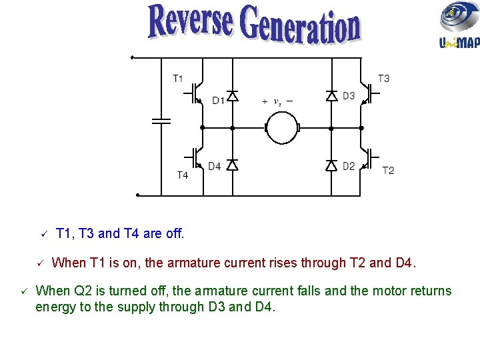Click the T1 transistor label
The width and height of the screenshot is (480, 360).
coord(178,79)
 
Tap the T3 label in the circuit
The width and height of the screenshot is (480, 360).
coord(384,79)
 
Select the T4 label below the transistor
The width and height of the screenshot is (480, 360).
coord(182,175)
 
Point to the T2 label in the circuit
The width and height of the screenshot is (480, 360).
coord(388,170)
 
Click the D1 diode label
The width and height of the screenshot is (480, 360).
coord(219,101)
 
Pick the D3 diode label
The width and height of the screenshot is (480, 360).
coord(349,96)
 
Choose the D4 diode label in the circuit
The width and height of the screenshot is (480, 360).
coord(214,166)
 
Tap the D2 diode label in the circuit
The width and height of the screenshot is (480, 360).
coord(349,166)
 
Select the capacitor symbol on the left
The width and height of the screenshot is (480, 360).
coord(161,121)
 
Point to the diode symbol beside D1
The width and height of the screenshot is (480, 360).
coord(232,96)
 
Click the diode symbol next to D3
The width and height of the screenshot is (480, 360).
coord(331,96)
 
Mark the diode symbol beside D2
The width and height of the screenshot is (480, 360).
coord(331,165)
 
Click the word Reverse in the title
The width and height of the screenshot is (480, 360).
coord(192,22)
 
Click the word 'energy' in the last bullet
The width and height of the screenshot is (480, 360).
coord(55,307)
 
